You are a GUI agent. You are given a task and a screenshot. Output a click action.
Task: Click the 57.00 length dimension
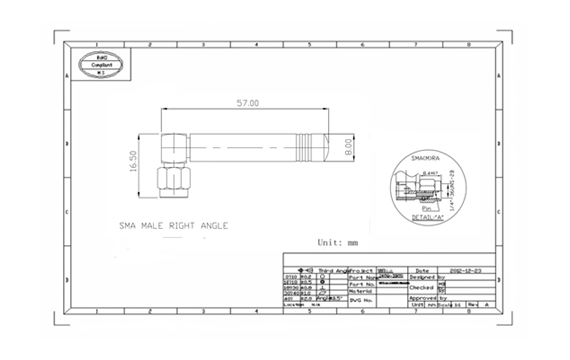click(247, 103)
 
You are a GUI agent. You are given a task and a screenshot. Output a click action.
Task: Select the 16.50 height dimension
click(134, 161)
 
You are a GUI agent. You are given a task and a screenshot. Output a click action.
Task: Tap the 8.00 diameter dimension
click(350, 147)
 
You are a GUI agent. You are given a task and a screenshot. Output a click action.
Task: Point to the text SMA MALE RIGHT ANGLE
click(173, 226)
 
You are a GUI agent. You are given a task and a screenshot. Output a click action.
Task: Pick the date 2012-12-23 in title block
click(461, 270)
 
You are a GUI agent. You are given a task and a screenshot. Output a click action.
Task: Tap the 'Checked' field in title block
click(424, 286)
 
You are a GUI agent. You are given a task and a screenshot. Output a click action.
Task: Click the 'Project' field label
click(360, 270)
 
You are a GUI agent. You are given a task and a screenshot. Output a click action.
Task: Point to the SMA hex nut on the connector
click(169, 183)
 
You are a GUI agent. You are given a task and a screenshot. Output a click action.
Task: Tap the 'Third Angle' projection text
click(334, 270)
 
